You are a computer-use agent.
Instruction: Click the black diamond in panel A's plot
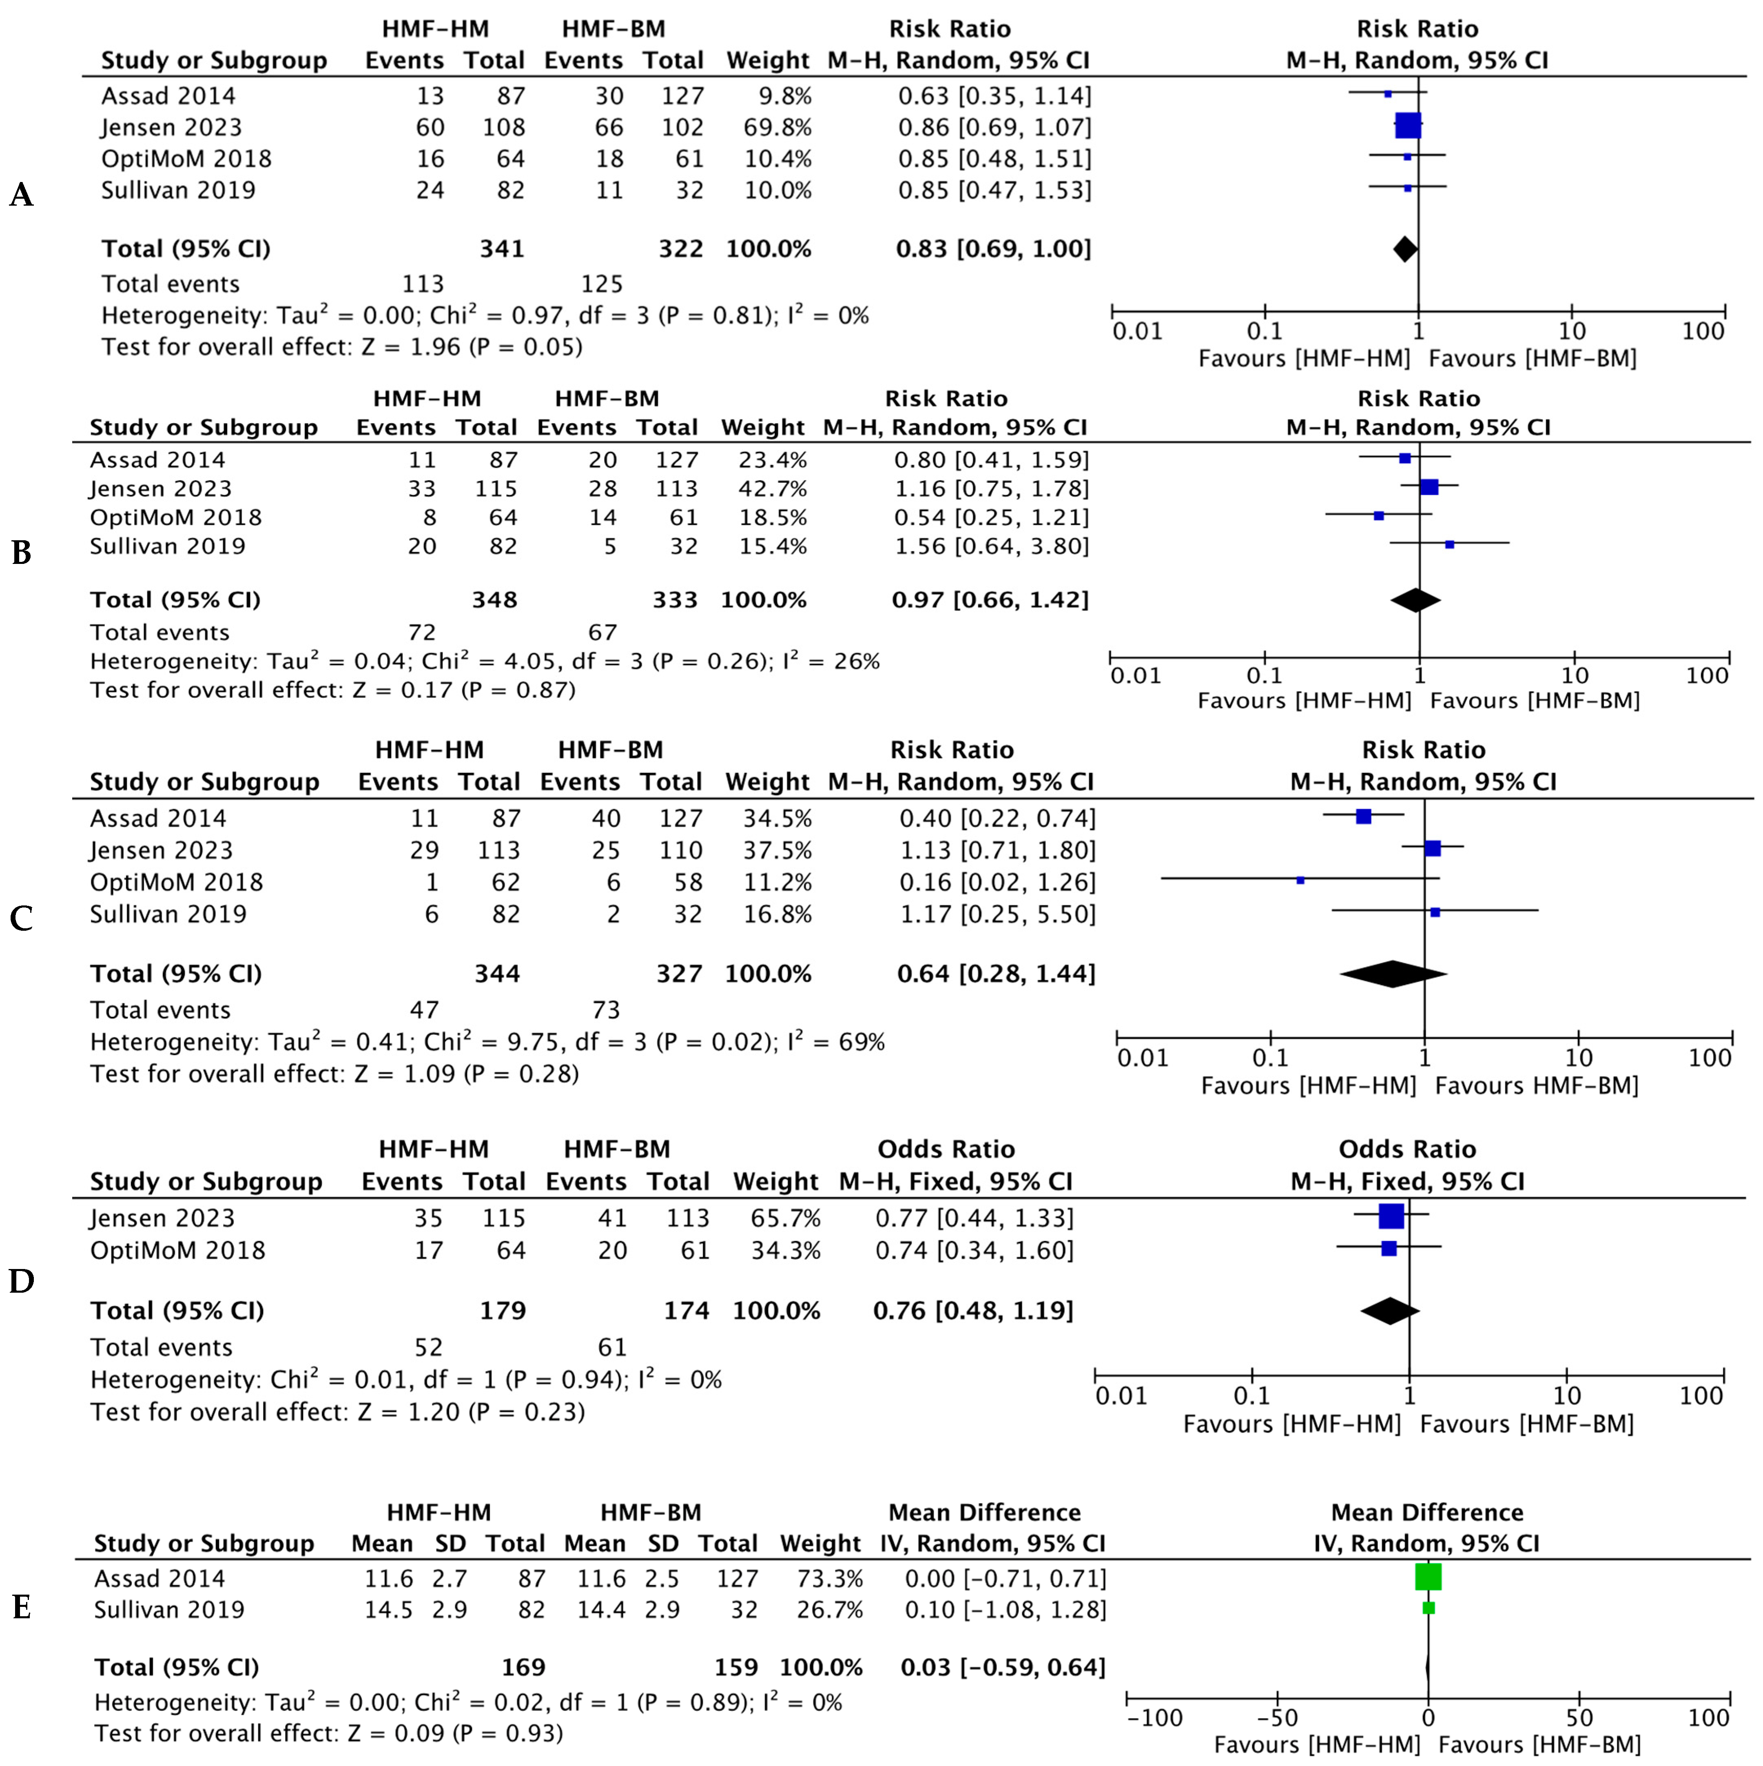click(1405, 248)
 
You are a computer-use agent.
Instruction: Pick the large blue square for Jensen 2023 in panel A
click(1409, 126)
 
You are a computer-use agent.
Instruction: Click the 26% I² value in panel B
click(856, 661)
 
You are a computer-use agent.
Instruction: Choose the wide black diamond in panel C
click(1393, 974)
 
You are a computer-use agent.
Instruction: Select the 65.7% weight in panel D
click(786, 1218)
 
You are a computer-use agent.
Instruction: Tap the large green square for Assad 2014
click(1428, 1577)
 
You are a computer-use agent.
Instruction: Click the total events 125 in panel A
click(601, 284)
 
